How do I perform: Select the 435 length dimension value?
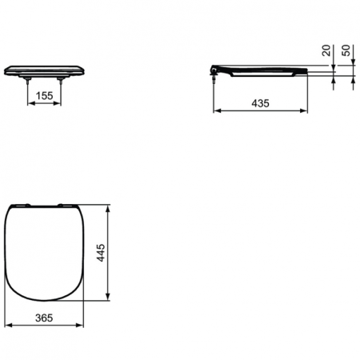click(260, 103)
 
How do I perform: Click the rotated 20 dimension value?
click(326, 51)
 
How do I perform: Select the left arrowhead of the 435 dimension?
click(215, 112)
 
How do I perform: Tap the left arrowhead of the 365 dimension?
click(9, 326)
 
